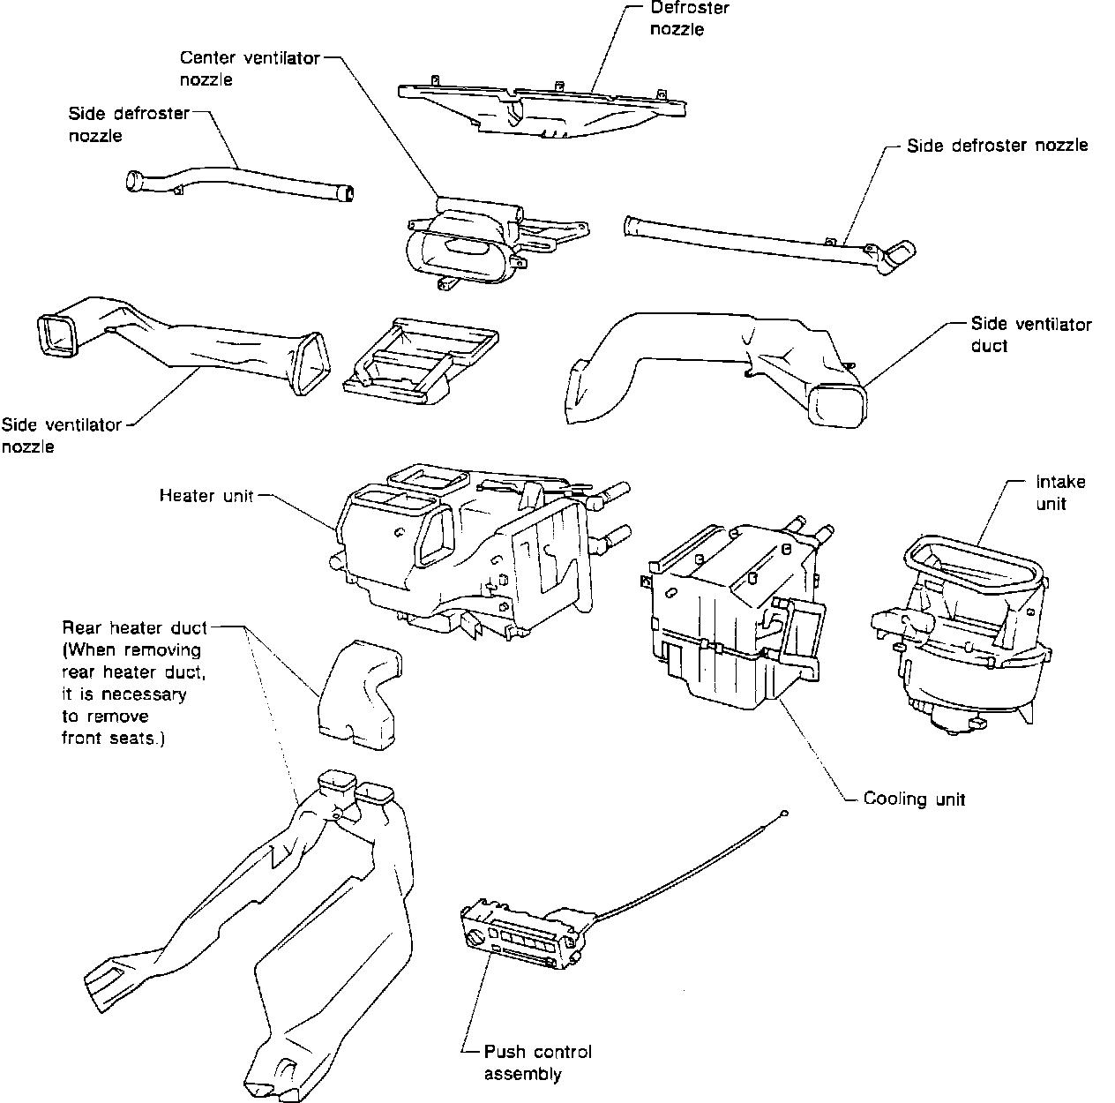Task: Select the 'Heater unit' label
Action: click(206, 496)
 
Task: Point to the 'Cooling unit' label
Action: click(914, 799)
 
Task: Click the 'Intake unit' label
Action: click(1060, 493)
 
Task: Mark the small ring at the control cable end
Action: click(783, 813)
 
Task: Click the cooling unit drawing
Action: click(732, 618)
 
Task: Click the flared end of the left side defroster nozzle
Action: click(137, 181)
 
